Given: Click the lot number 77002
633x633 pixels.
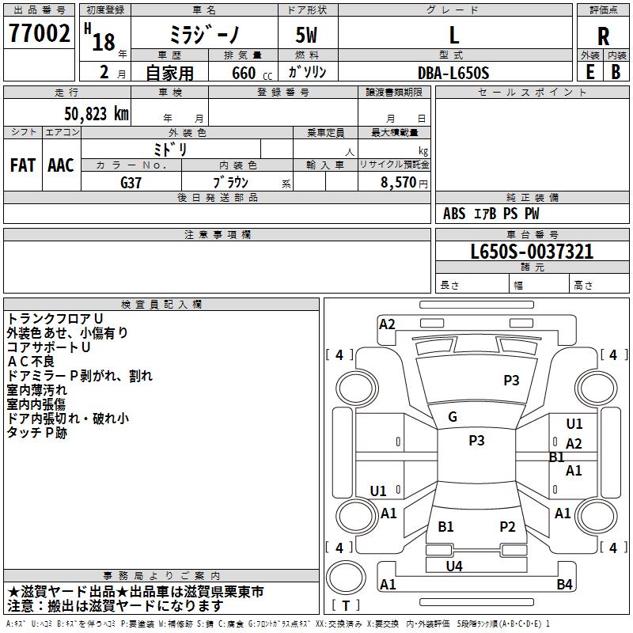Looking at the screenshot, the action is coord(39,33).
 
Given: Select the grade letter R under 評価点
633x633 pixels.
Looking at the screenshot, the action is coord(603,36).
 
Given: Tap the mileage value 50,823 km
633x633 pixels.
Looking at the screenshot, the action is coord(97,114).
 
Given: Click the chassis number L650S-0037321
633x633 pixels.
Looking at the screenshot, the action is coord(532,251).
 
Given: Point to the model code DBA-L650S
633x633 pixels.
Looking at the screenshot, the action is coord(453,73).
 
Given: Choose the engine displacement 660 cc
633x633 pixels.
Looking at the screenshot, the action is coord(252,73).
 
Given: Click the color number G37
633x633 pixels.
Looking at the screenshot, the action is coord(131,183).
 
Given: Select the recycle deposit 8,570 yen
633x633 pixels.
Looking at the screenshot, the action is coord(404,183).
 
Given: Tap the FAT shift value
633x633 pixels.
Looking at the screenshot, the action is coord(23,165).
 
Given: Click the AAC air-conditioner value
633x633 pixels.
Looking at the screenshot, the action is coord(61,165).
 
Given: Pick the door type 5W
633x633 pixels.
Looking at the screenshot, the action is coord(306,35).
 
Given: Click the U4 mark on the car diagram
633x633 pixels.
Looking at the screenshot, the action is coord(454,566).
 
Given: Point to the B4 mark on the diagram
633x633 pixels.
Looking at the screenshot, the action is coord(564,584).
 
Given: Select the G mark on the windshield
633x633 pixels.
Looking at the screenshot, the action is coord(453,417).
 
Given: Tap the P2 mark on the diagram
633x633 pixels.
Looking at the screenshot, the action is coord(507,526).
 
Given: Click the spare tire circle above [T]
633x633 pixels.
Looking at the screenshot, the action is coord(346,578).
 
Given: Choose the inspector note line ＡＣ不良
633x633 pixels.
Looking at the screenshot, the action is coord(31,362).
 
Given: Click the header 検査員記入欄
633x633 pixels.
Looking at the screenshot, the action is coord(161,305).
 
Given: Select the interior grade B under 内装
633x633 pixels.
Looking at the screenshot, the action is coord(616,72).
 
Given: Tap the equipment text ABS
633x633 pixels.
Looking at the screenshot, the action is coord(454,214).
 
